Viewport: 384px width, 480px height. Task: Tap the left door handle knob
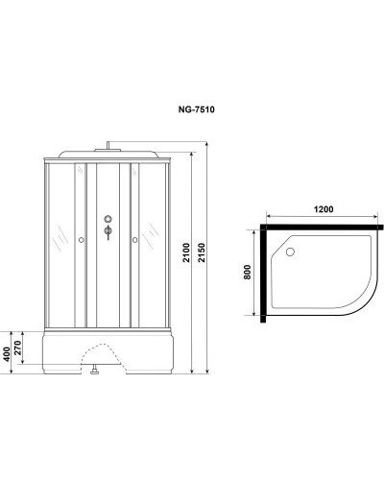pos(83,239)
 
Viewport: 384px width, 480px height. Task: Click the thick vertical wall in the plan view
pos(260,274)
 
